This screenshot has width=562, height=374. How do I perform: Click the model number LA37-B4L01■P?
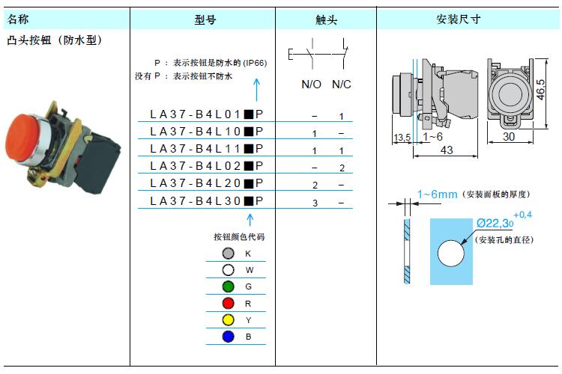tap(207, 114)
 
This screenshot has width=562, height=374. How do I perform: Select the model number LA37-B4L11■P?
tap(207, 149)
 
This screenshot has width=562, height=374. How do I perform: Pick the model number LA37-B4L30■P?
tap(207, 201)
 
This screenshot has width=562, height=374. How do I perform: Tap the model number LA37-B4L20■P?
tap(207, 183)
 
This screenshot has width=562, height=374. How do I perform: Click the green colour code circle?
tap(228, 286)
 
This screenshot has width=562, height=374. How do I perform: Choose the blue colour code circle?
tap(228, 337)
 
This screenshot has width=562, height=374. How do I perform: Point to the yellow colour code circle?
tap(228, 320)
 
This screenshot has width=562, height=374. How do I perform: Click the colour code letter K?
tap(248, 254)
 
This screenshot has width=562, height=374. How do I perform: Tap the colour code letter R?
tap(248, 304)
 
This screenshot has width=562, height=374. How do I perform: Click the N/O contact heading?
tap(311, 85)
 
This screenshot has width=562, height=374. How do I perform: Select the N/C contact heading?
tap(341, 85)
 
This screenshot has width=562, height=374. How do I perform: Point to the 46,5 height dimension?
tap(540, 90)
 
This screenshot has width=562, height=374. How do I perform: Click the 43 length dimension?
tap(447, 150)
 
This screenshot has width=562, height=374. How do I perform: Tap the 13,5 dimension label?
tap(402, 138)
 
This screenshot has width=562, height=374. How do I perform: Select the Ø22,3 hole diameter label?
tap(495, 224)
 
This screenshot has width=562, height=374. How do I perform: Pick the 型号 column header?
tap(205, 19)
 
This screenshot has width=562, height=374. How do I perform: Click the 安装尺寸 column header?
tap(459, 19)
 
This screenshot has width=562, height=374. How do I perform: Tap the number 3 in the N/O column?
tap(315, 203)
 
